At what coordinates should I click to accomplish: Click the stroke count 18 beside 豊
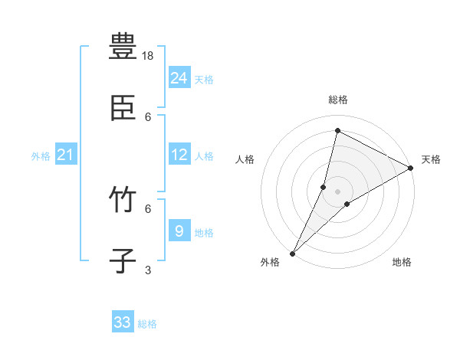pyautogui.click(x=149, y=56)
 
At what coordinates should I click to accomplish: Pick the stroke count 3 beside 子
pyautogui.click(x=148, y=270)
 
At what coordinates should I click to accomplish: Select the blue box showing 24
pyautogui.click(x=179, y=78)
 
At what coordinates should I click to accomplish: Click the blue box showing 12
pyautogui.click(x=179, y=155)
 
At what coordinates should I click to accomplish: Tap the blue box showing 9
pyautogui.click(x=179, y=231)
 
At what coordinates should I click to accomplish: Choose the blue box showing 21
pyautogui.click(x=65, y=155)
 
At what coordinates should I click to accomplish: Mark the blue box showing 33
pyautogui.click(x=122, y=322)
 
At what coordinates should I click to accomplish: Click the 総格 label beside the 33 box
pyautogui.click(x=147, y=324)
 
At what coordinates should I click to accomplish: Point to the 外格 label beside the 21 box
pyautogui.click(x=41, y=156)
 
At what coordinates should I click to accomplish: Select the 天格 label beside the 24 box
pyautogui.click(x=204, y=80)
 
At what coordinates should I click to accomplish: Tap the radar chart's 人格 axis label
pyautogui.click(x=245, y=159)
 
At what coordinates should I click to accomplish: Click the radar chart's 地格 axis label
pyautogui.click(x=402, y=262)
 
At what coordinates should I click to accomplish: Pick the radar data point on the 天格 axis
pyautogui.click(x=411, y=169)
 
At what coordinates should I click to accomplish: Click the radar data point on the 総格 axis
pyautogui.click(x=337, y=131)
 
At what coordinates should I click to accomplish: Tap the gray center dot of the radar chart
pyautogui.click(x=337, y=191)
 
